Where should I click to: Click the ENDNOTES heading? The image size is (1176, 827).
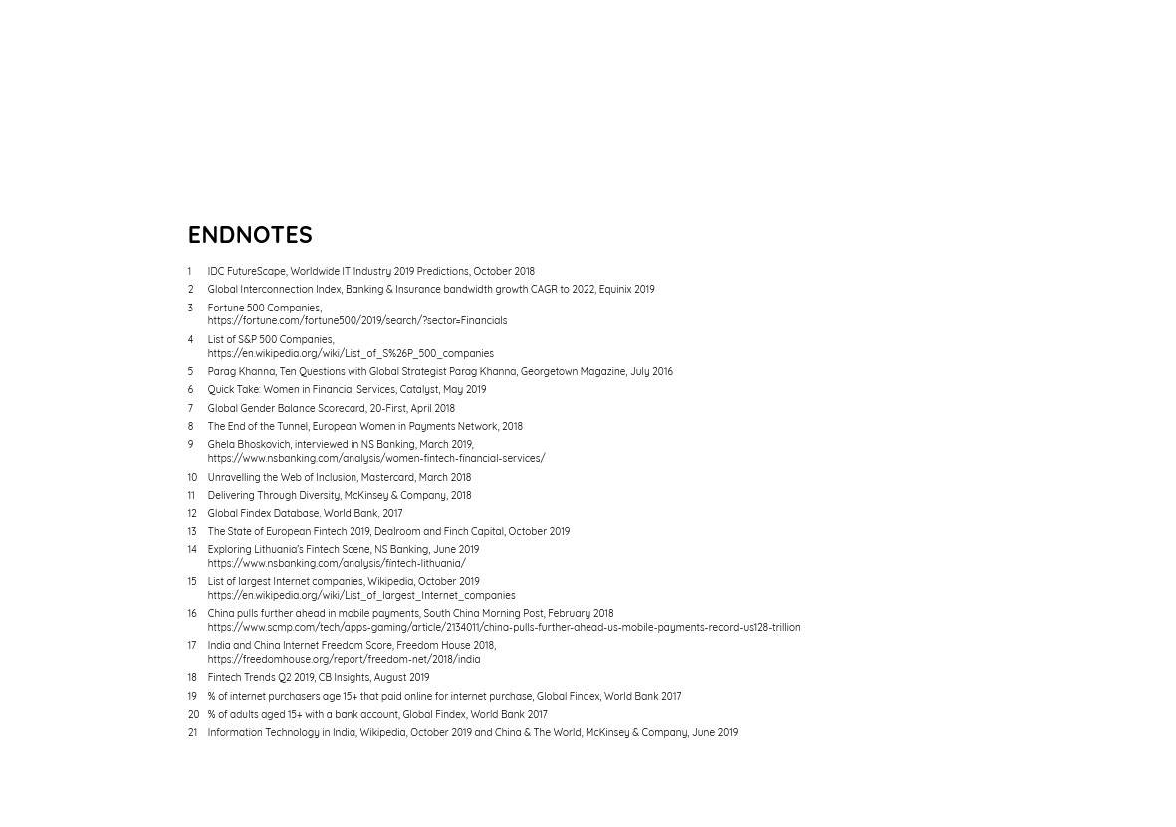(x=250, y=235)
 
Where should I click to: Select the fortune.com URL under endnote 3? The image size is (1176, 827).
(x=356, y=321)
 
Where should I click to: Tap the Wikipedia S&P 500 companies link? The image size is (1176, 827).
(x=351, y=353)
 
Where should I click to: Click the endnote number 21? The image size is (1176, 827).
(x=192, y=733)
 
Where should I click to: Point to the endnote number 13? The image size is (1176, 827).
(x=192, y=532)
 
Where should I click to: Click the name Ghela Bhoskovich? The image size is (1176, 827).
(x=249, y=445)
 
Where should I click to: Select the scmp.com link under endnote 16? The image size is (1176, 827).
(x=503, y=628)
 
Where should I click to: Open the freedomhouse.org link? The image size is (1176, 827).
(x=344, y=660)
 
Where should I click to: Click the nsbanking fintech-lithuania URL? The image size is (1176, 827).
(x=336, y=564)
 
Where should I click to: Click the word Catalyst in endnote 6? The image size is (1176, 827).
(x=419, y=390)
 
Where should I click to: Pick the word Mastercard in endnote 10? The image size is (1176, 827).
(x=387, y=478)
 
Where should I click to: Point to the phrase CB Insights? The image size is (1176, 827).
(x=343, y=678)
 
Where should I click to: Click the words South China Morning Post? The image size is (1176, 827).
(x=483, y=614)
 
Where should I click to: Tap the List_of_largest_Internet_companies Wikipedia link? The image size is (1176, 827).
(x=360, y=596)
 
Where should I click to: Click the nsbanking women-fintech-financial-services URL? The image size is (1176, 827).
(x=375, y=459)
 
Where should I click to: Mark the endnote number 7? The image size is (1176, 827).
(x=190, y=409)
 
